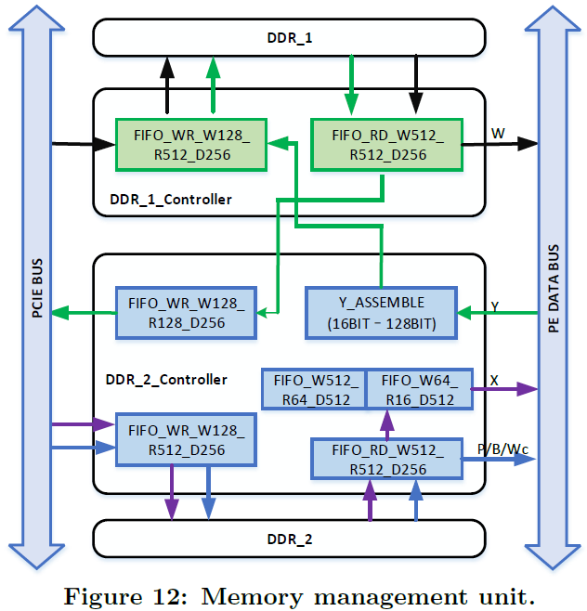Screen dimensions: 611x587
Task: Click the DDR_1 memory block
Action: [x=289, y=38]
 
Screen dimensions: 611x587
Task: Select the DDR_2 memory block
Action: [x=289, y=539]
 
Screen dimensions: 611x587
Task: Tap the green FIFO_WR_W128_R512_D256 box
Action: [x=189, y=144]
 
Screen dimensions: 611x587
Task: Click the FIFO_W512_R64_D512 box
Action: [x=314, y=389]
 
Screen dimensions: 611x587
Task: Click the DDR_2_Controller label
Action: [x=168, y=379]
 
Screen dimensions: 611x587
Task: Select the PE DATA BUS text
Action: [x=554, y=288]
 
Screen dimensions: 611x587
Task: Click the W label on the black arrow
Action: [x=498, y=133]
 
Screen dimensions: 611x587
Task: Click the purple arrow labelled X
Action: [x=506, y=390]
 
